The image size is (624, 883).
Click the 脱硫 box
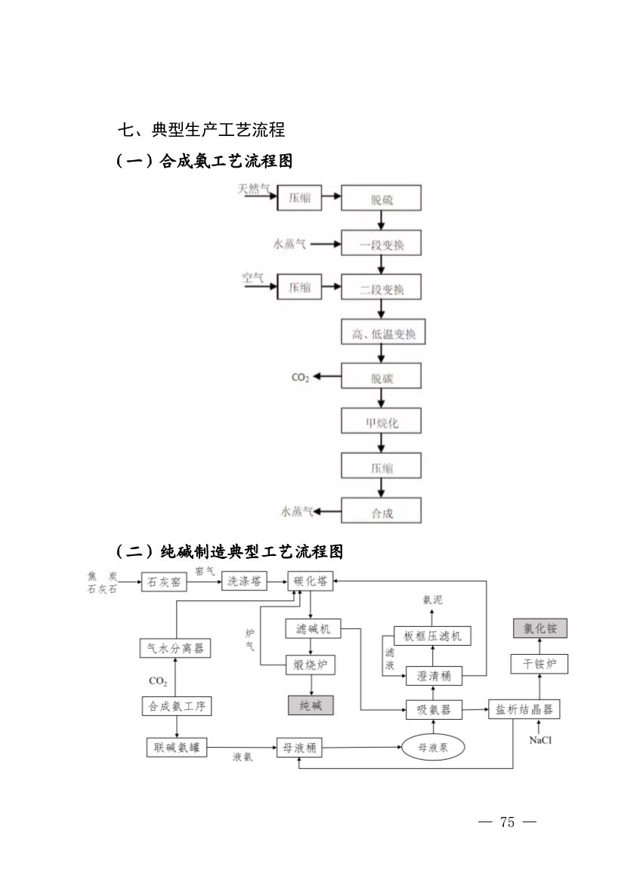pos(381,199)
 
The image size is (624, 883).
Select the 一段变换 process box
pos(381,244)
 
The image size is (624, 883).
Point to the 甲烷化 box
pos(381,421)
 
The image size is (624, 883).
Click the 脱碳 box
pos(381,377)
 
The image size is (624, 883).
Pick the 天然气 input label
pos(253,190)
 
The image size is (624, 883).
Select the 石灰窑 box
pos(163,582)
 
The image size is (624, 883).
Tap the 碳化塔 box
pos(311,582)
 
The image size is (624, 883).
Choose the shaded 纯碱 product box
pos(310,705)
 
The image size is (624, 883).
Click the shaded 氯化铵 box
pos(540,628)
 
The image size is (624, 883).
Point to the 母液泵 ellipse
pos(434,747)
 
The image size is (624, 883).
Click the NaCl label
pos(540,741)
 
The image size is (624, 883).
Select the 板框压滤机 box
pos(432,635)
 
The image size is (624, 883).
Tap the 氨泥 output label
pos(432,600)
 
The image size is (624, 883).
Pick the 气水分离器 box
pos(175,648)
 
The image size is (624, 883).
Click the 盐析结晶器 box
pos(524,709)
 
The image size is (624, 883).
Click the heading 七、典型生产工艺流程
pos(201,130)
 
